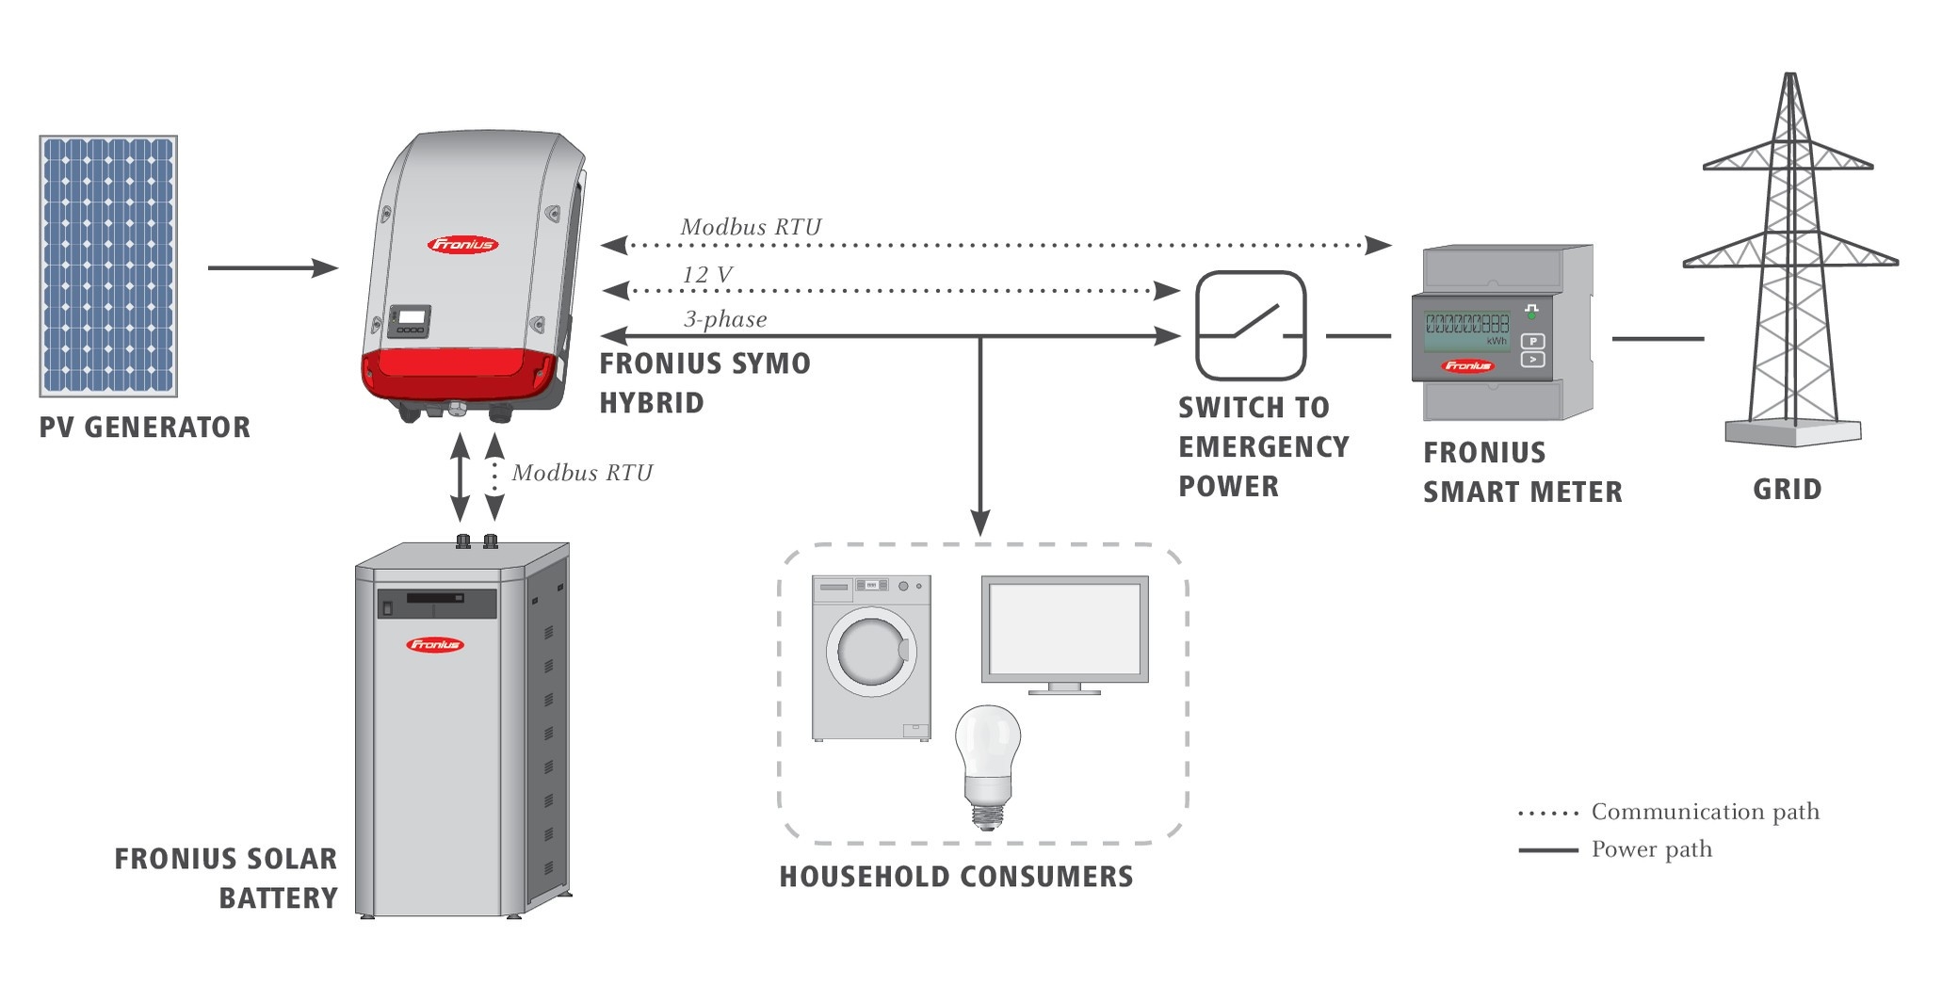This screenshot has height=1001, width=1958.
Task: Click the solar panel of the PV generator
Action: [x=108, y=266]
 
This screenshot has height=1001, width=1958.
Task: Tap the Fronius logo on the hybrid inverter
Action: [x=462, y=245]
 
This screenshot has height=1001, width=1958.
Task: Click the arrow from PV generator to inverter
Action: [x=272, y=268]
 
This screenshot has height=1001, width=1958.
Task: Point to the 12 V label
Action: [x=707, y=274]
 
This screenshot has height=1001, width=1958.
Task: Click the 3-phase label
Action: [x=725, y=319]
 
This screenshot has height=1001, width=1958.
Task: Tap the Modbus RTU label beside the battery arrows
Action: [x=582, y=473]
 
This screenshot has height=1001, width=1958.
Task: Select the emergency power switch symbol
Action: [x=1251, y=325]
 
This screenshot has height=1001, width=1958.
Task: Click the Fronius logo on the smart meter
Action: [x=1467, y=365]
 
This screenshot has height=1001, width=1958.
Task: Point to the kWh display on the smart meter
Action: [x=1467, y=329]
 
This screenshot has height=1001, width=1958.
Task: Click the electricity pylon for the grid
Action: [x=1790, y=259]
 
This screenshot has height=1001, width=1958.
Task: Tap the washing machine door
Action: [x=872, y=652]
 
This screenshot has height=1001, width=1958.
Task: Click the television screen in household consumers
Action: [x=1064, y=628]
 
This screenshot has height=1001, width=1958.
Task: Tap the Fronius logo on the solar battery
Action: [x=434, y=645]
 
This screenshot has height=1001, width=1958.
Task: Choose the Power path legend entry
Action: [x=1615, y=849]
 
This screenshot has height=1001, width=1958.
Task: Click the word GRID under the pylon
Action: [x=1787, y=490]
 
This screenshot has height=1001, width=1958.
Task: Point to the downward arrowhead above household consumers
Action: [x=980, y=524]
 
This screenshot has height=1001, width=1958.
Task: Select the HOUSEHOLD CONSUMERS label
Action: [x=956, y=877]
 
